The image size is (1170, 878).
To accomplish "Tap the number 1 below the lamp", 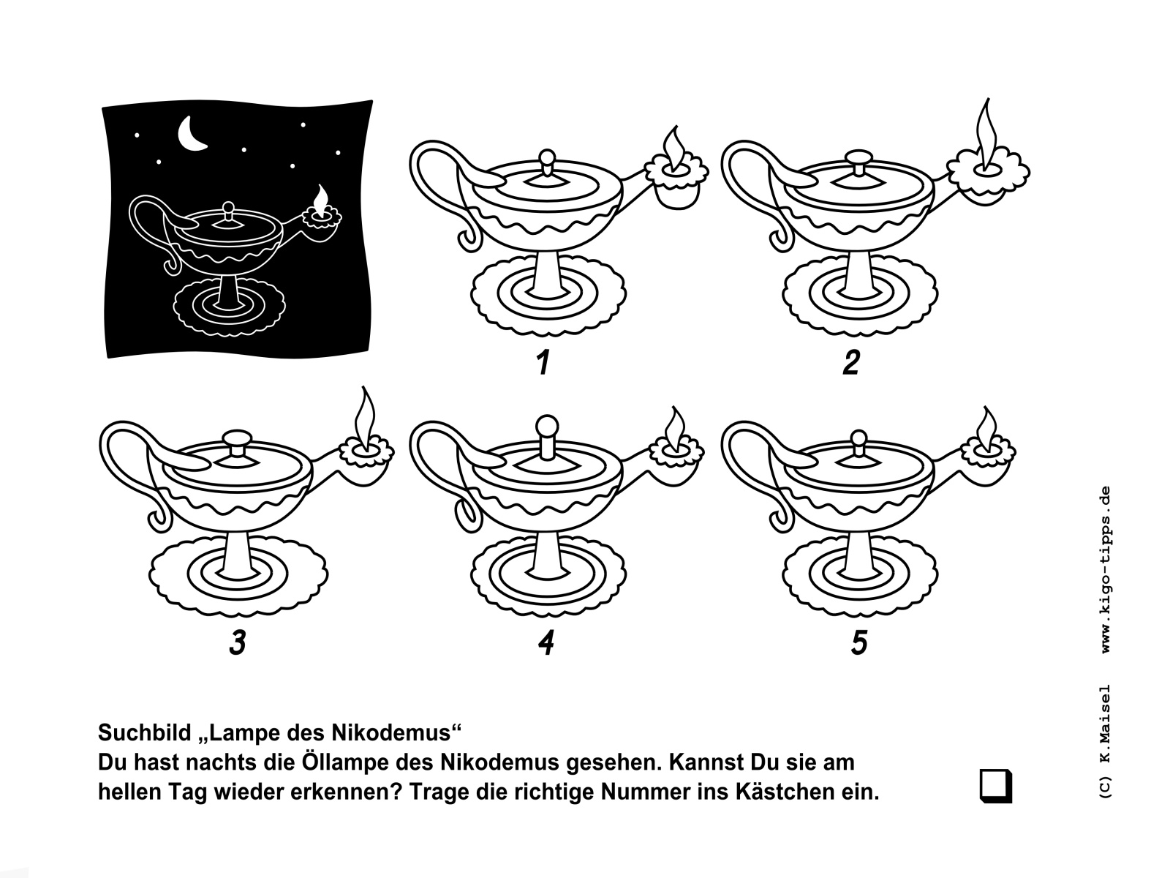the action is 543,362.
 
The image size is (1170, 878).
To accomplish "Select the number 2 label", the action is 851,362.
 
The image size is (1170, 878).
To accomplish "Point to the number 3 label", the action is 238,642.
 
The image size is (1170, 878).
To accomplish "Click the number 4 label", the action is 546,642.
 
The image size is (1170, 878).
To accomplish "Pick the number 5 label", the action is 858,642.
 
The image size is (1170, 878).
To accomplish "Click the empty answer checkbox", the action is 996,785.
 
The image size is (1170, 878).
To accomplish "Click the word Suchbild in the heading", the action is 144,733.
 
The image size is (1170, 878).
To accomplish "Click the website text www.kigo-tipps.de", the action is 1106,569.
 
